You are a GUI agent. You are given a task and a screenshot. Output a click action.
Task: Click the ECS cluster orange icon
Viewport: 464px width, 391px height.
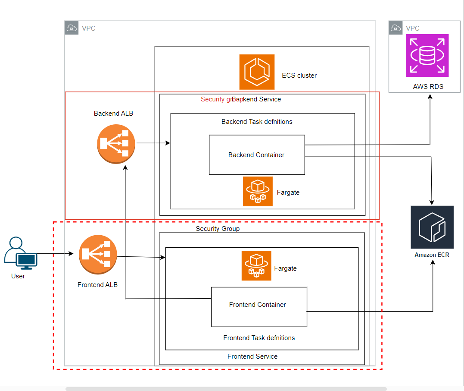[x=257, y=72]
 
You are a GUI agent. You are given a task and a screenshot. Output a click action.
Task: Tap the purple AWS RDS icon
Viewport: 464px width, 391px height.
[x=427, y=56]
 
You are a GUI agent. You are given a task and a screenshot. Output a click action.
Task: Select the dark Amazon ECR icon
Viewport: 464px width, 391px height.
[x=432, y=227]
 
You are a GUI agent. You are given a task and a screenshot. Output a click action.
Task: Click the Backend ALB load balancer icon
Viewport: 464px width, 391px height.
[x=116, y=144]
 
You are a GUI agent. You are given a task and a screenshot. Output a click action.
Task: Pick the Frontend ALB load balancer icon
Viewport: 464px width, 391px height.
[x=98, y=255]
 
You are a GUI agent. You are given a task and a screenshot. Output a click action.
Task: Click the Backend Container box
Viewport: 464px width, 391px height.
[x=257, y=155]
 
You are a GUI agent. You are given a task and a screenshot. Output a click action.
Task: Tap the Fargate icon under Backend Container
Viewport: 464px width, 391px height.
[x=258, y=191]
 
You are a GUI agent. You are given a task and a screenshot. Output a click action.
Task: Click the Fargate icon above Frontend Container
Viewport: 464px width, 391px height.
[x=256, y=265]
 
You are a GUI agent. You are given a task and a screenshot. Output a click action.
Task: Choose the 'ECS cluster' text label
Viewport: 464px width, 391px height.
[x=299, y=76]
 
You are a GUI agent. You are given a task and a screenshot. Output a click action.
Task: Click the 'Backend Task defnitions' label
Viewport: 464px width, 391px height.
[x=257, y=122]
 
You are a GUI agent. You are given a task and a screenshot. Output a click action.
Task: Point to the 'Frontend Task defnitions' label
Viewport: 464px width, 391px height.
[x=259, y=338]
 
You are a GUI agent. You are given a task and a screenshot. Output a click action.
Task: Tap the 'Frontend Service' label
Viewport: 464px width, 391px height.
[x=252, y=356]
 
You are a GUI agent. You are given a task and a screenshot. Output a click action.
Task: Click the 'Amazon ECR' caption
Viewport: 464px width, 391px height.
[x=432, y=255]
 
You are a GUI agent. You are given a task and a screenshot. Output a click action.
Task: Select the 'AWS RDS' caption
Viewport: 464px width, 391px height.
[x=428, y=87]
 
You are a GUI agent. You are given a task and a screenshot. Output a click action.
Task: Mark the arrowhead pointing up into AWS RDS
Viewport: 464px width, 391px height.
[x=430, y=97]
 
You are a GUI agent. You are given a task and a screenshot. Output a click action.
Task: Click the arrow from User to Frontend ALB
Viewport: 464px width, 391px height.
[x=54, y=254]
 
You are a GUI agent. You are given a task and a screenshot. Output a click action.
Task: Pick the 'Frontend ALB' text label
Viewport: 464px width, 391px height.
[x=97, y=285]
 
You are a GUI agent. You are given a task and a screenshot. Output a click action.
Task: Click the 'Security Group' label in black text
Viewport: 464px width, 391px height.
[x=218, y=229]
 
